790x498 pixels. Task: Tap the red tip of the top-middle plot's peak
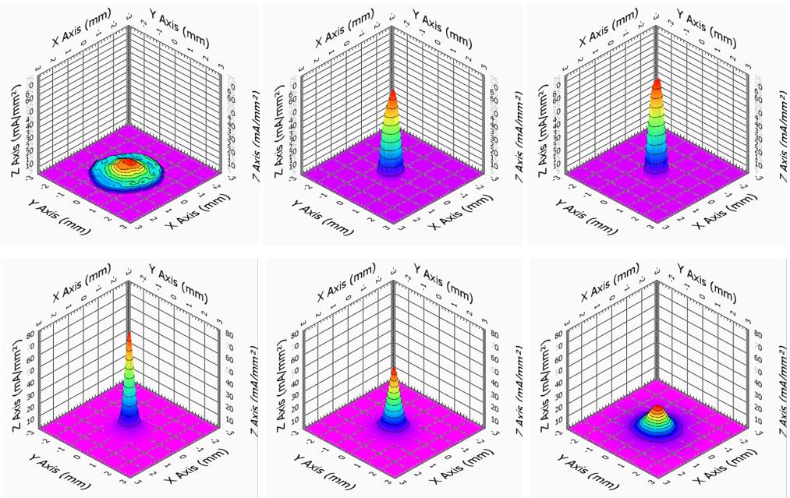point(392,94)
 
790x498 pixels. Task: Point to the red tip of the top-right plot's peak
point(657,83)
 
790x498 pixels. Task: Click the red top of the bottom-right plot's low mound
point(657,408)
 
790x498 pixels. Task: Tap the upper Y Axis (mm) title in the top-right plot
point(706,28)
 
